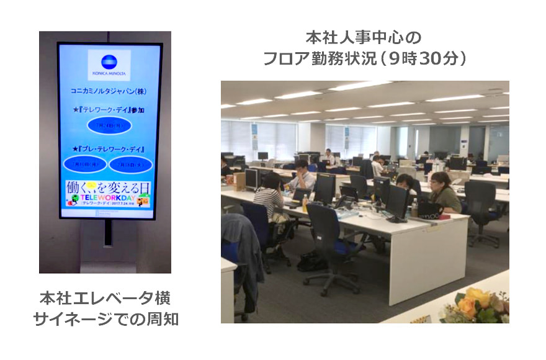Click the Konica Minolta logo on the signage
(x=109, y=62)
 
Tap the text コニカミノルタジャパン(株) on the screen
(x=109, y=91)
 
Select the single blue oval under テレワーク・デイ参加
(x=109, y=124)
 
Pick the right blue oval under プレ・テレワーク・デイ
(x=131, y=164)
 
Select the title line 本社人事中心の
(x=364, y=37)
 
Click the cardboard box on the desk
(x=239, y=180)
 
